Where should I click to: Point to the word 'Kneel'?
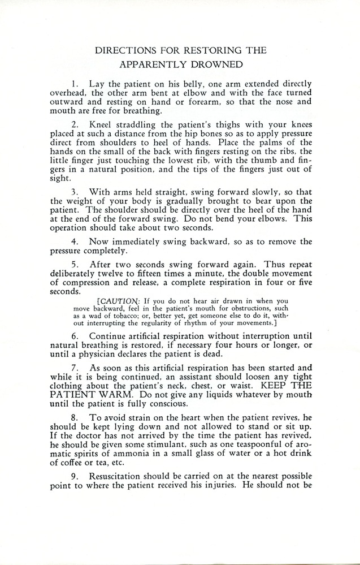(x=102, y=123)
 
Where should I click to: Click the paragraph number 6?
(x=76, y=335)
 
